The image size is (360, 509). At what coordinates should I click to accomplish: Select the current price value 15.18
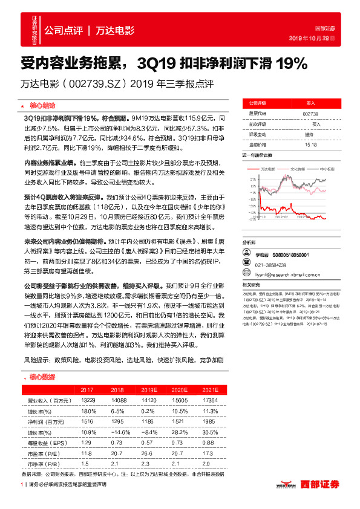coord(311,144)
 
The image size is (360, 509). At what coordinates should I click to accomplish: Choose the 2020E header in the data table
coord(179,390)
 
